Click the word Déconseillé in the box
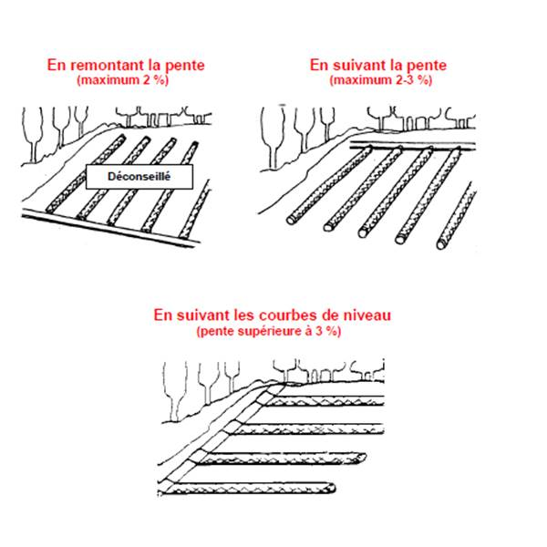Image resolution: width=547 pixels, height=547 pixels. pos(139,177)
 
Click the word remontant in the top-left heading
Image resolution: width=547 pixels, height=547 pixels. pos(105,66)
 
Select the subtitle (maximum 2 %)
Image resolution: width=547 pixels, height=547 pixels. pos(123,80)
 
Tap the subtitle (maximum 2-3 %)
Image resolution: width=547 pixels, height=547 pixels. pos(381,80)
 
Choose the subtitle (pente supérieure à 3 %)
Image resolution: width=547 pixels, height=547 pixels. pos(269,331)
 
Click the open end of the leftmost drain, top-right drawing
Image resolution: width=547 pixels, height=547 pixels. pos(292,220)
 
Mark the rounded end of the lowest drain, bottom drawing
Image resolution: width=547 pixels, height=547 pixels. pos(331,488)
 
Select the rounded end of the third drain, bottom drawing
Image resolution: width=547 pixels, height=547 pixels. pos(361,458)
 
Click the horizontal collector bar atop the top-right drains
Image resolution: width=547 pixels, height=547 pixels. pos(413,146)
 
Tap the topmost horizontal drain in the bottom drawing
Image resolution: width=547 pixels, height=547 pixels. pos(323,401)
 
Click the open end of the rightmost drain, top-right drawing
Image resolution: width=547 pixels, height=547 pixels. pos(441,243)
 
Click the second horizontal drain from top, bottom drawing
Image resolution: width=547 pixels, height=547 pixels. pos(306,429)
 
